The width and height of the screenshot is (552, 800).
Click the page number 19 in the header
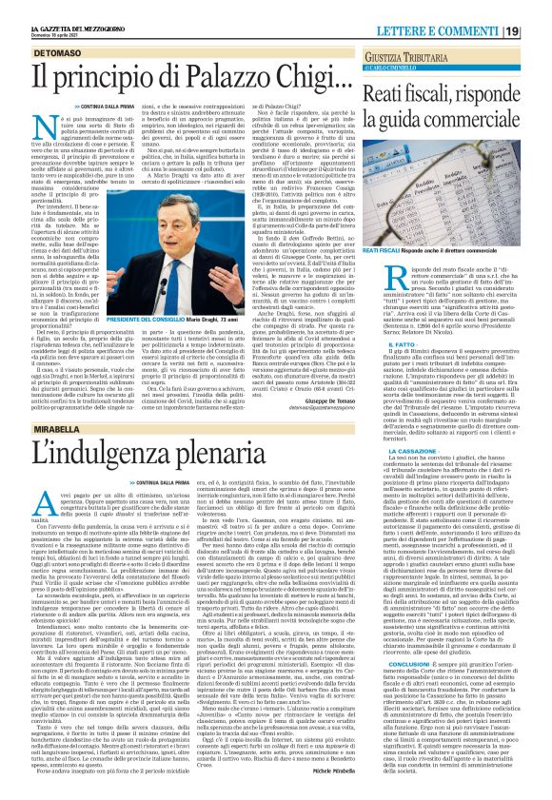tap(539, 10)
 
